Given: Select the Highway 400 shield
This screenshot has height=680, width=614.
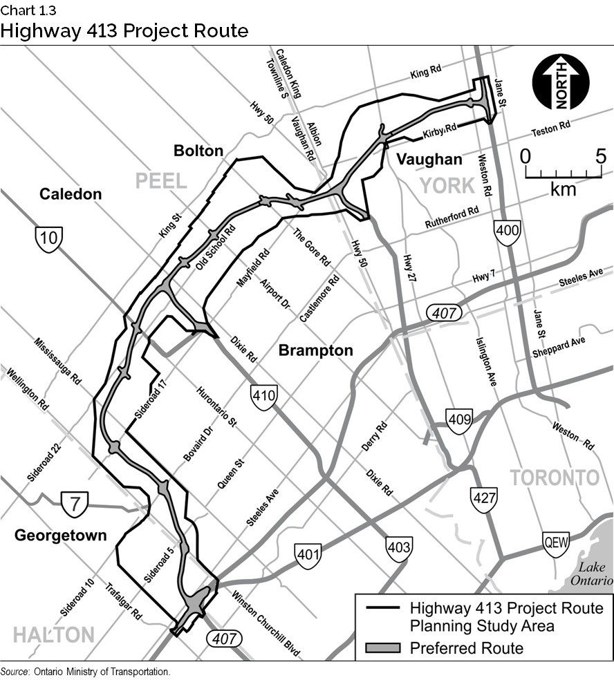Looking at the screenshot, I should pos(508,232).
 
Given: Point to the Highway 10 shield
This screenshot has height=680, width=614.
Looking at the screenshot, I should pos(49,239).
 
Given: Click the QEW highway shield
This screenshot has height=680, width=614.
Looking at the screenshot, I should pos(556,543).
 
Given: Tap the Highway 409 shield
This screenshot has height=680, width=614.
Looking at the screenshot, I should pos(459,419).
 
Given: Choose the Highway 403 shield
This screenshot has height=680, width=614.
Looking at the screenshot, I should pos(399,548).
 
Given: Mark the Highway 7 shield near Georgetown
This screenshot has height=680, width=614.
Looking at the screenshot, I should pos(73,502).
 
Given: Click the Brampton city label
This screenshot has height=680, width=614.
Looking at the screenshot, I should pos(315,350).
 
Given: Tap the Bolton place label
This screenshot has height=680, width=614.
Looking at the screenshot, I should pos(198,151).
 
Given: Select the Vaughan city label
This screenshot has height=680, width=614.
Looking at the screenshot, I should pos(429,160).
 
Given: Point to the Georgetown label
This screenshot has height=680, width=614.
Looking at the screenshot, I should pos(61,535).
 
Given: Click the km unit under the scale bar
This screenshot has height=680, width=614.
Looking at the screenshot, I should pos(563,189).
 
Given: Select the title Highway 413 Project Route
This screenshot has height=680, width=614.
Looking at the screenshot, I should pos(124,31).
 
